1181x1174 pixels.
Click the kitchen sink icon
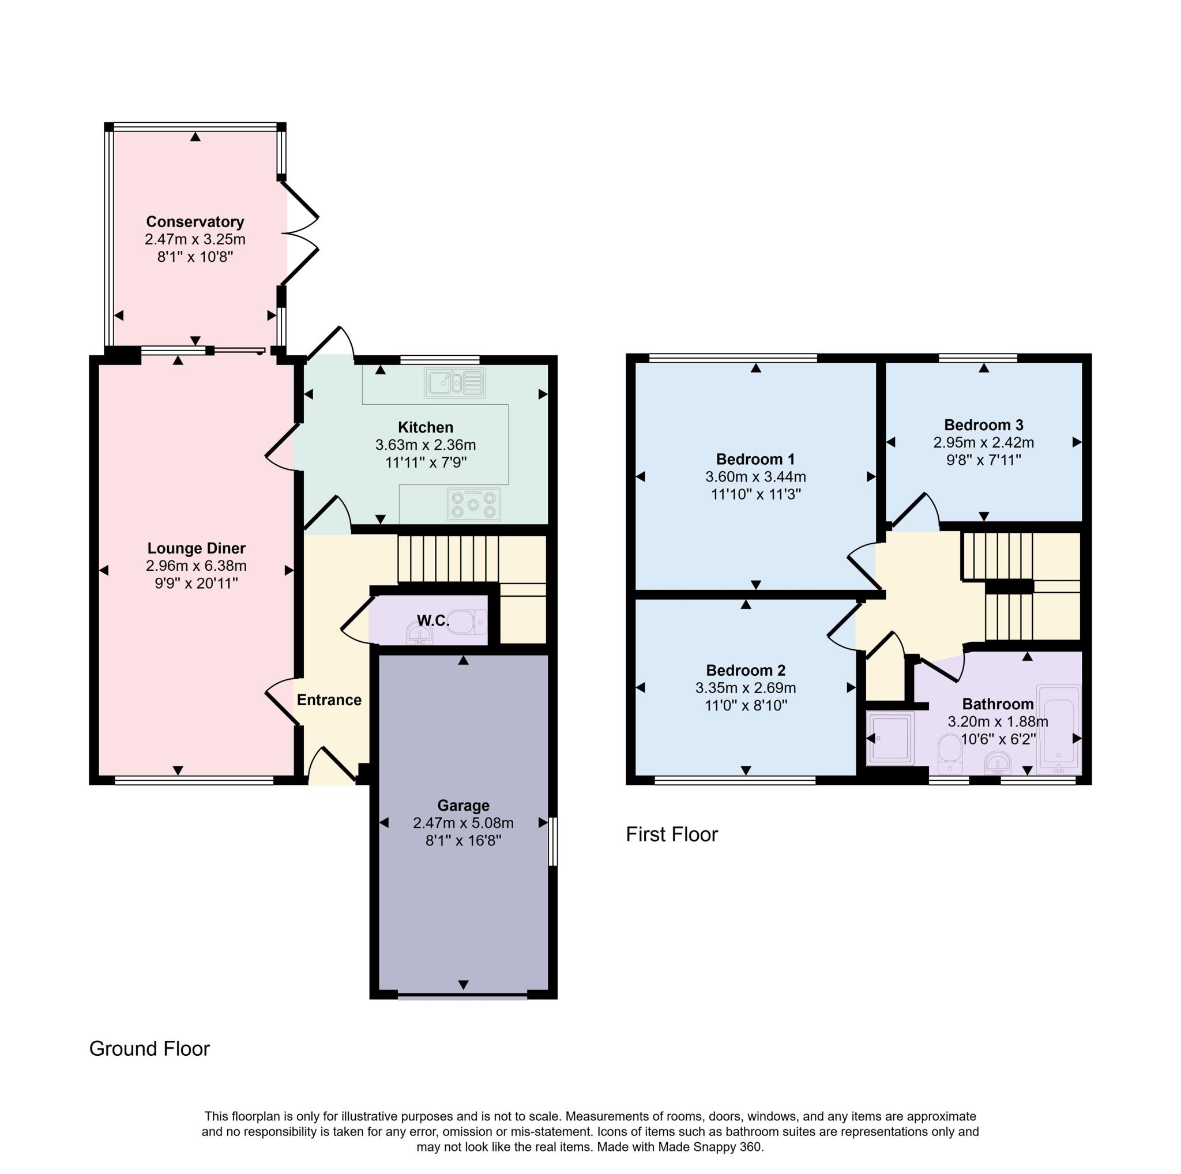(x=455, y=382)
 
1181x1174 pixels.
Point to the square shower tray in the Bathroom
(x=890, y=738)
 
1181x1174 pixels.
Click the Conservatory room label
(x=195, y=222)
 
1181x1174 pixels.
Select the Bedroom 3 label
(x=983, y=425)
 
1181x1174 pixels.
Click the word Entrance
(x=329, y=700)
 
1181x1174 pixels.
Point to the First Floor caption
(x=671, y=834)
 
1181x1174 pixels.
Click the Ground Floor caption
(x=149, y=1049)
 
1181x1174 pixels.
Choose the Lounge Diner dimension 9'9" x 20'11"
(x=195, y=583)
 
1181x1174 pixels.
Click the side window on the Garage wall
(x=552, y=841)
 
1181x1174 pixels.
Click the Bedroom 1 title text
(x=755, y=459)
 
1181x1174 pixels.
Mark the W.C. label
(x=433, y=621)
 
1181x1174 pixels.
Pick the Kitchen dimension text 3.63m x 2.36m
(x=426, y=445)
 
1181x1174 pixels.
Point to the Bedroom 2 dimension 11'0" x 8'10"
(x=745, y=705)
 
